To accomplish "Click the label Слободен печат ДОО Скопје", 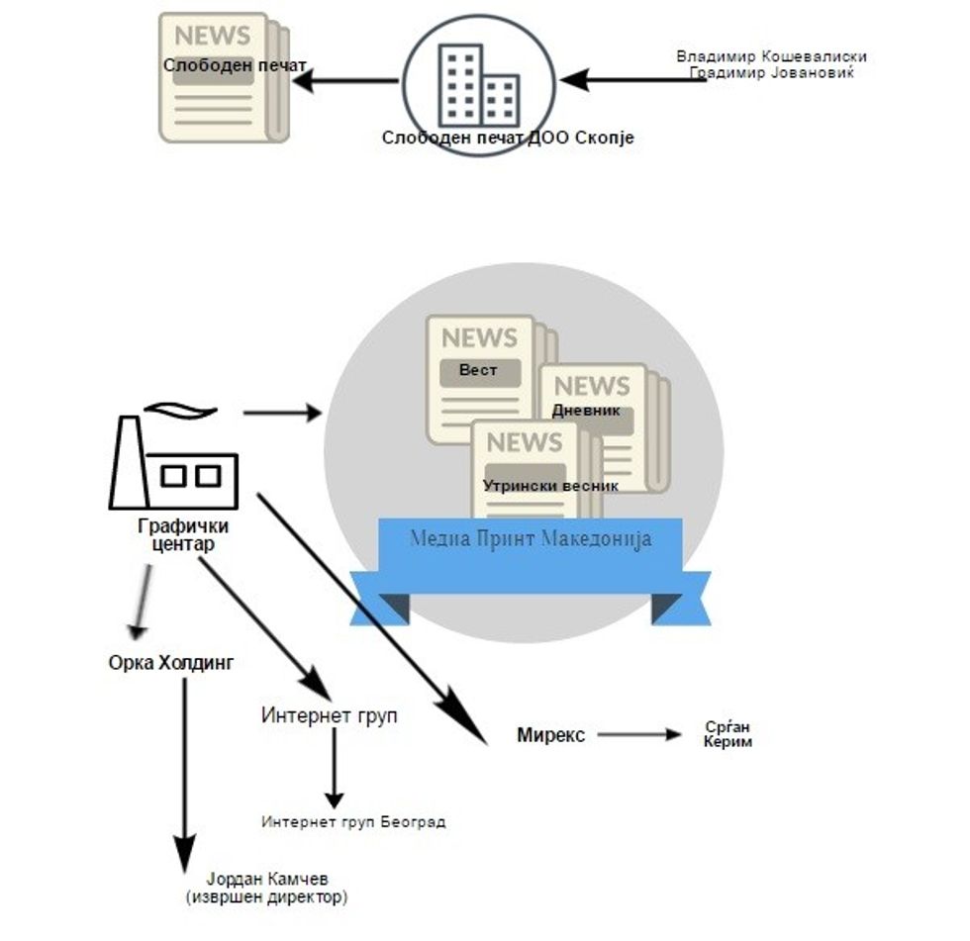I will coord(508,139).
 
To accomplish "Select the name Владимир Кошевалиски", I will coord(771,56).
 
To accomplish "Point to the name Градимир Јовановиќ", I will coord(771,72).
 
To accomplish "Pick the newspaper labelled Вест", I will coord(480,376).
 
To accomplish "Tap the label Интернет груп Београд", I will coord(353,821).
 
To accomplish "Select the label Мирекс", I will coord(551,735).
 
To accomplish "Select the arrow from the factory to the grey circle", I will coord(282,412).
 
